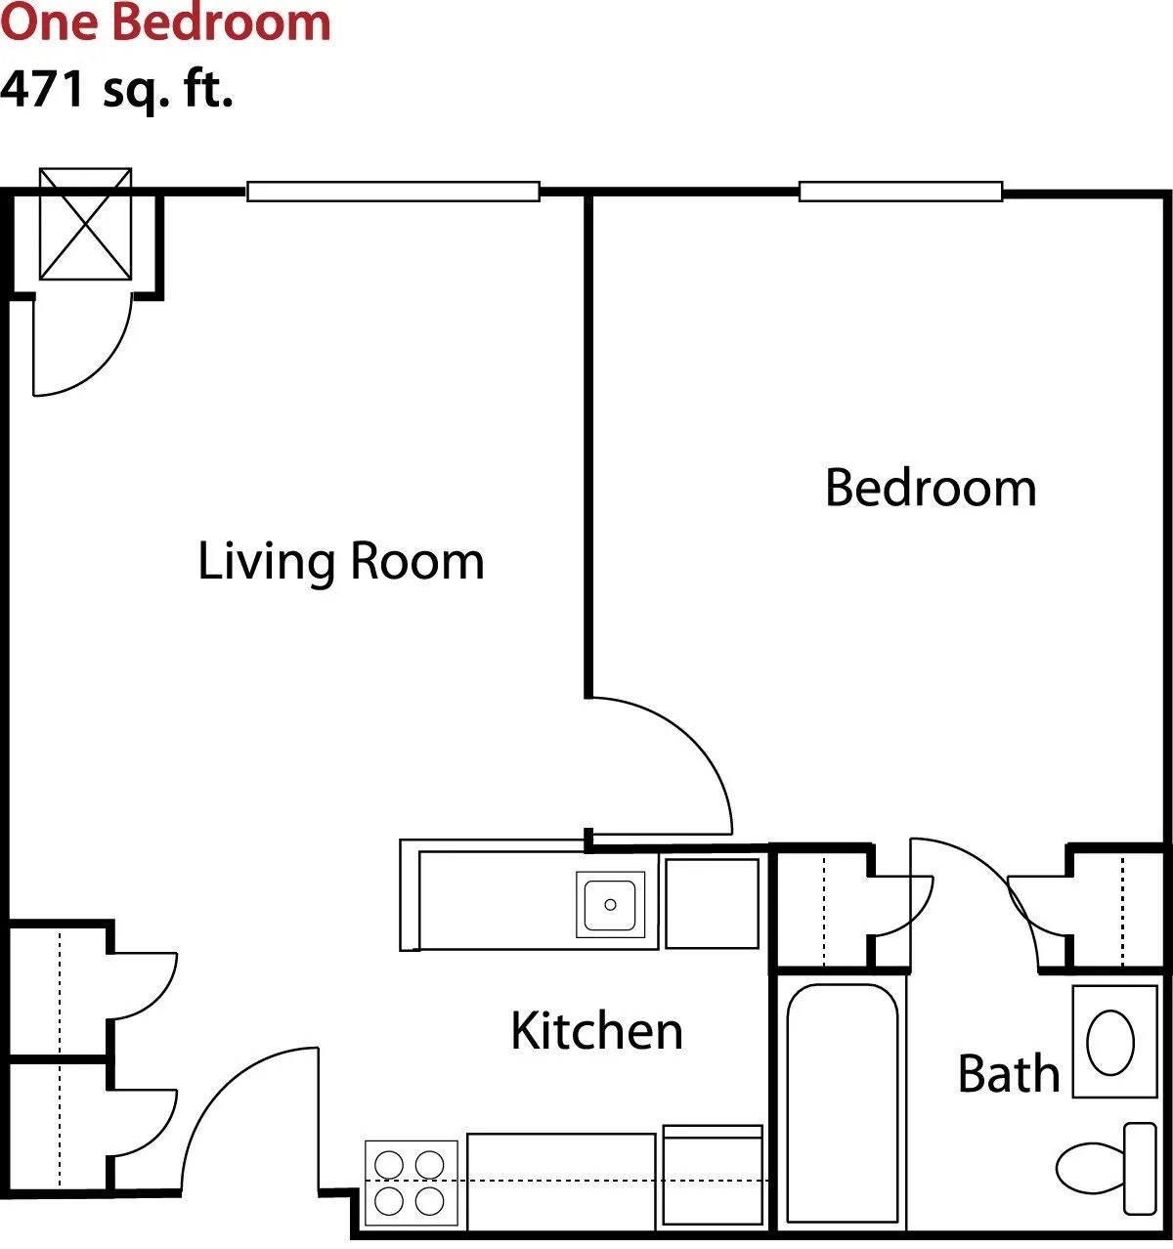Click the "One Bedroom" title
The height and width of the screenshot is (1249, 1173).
tap(166, 22)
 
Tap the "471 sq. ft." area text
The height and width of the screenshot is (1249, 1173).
tap(117, 91)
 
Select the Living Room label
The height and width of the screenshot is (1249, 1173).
tap(341, 561)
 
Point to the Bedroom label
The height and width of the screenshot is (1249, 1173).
tap(931, 488)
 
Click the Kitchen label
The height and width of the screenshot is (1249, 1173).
tap(596, 1031)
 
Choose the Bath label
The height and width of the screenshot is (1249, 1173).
tap(1009, 1073)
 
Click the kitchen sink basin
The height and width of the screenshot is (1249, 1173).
tap(610, 905)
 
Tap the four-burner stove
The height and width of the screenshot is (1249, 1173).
tap(411, 1183)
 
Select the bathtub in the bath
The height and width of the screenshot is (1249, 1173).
tap(843, 1107)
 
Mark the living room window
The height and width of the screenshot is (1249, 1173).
tap(393, 192)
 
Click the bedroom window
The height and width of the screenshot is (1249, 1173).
tap(900, 192)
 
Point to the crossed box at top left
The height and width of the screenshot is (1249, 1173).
tap(86, 224)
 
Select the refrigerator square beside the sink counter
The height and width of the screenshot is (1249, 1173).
tap(713, 904)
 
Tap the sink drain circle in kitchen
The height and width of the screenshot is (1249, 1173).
tap(610, 905)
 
